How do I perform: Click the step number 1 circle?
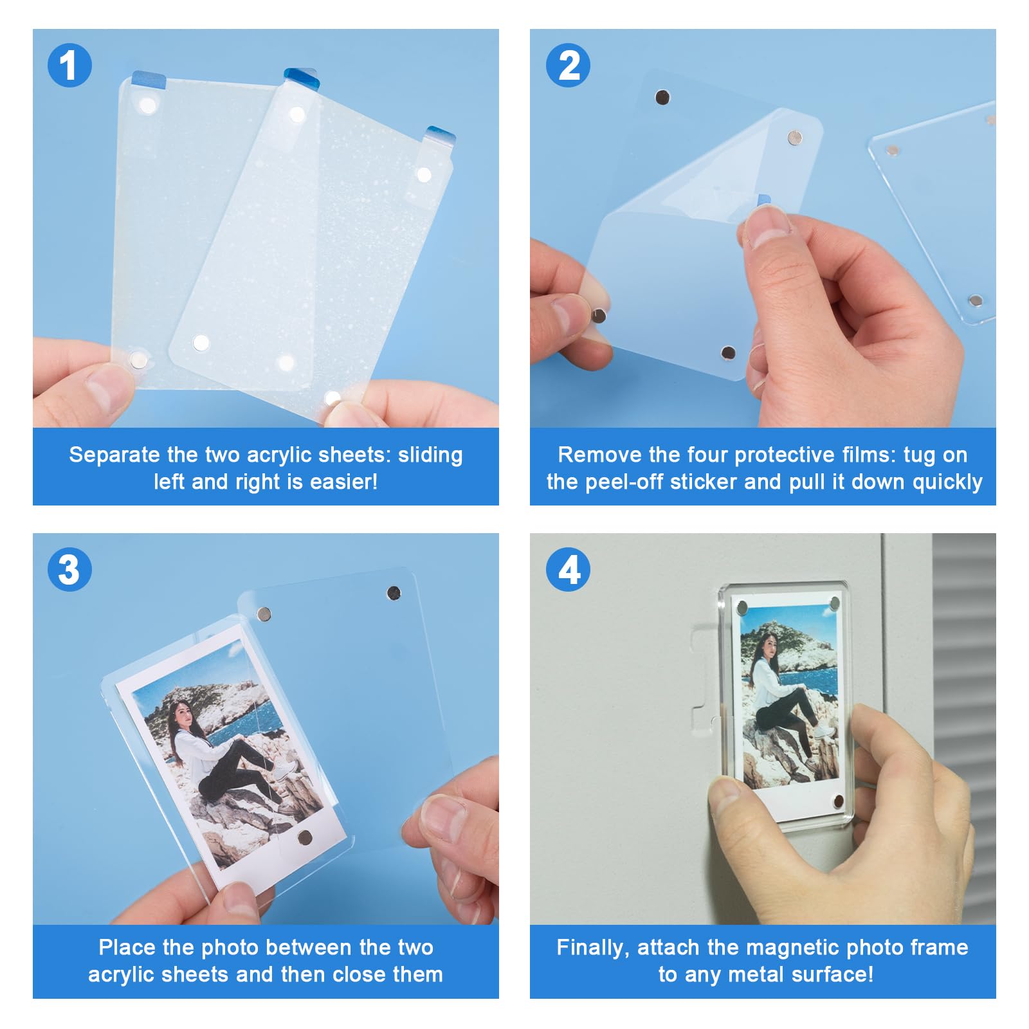point(69,65)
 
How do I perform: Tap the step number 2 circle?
point(568,65)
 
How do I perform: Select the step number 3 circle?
point(69,569)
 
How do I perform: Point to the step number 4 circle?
point(568,569)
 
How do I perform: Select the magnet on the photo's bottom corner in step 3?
point(304,837)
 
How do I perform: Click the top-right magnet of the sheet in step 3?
point(394,592)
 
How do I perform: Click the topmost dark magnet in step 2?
point(662,98)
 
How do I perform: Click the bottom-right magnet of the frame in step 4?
point(838,801)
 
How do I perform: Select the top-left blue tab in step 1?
point(149,80)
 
